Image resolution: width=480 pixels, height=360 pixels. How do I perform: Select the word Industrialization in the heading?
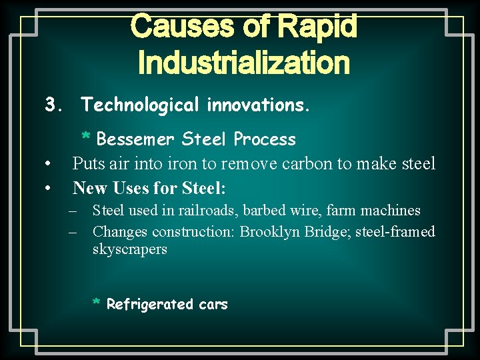coord(243,63)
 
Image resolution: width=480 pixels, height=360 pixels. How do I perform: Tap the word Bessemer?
coord(136,139)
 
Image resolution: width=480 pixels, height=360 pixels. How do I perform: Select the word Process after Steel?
coord(265,139)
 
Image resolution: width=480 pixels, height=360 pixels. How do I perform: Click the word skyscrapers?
coord(130,249)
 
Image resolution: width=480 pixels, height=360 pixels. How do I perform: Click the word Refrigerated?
coord(150,305)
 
